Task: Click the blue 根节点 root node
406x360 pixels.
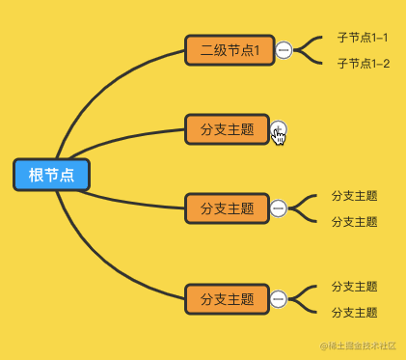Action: pos(51,175)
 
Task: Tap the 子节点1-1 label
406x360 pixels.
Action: pos(363,38)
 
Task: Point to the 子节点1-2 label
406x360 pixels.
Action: pos(363,64)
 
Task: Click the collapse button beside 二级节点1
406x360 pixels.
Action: pos(284,50)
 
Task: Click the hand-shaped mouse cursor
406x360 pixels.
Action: pos(280,136)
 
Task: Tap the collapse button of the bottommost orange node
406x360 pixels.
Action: pos(279,299)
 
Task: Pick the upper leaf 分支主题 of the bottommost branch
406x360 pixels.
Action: pos(354,287)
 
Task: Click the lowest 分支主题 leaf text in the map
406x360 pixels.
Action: pos(354,313)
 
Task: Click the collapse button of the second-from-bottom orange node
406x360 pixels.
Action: pos(279,208)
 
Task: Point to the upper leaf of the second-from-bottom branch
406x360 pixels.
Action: pos(354,195)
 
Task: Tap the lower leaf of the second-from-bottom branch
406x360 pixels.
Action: pos(354,222)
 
